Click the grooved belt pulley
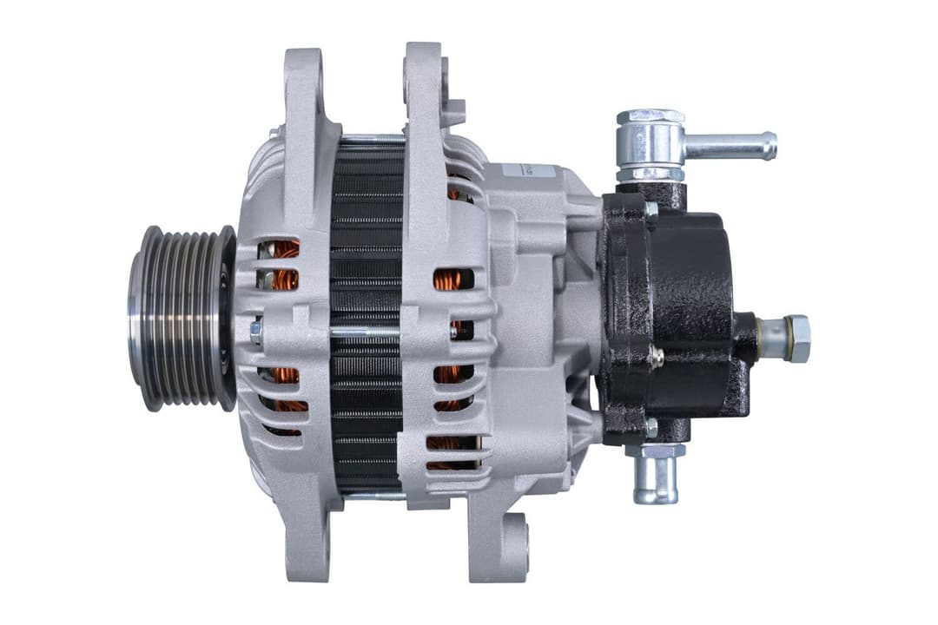[178, 317]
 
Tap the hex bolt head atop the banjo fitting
[650, 116]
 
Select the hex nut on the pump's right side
[796, 338]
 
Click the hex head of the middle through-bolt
[255, 332]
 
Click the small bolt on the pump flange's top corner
[651, 209]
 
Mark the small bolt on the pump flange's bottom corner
[651, 427]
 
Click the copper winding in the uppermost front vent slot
[283, 250]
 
